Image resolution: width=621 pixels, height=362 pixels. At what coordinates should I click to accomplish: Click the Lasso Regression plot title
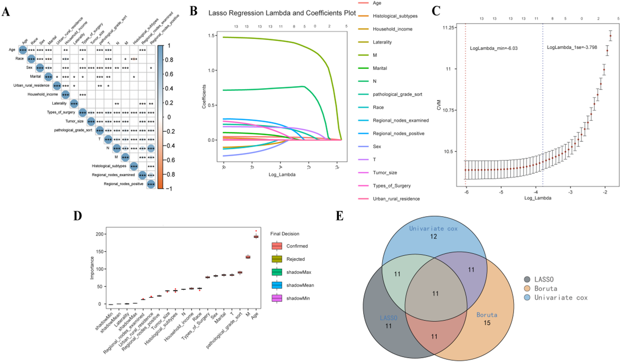click(282, 13)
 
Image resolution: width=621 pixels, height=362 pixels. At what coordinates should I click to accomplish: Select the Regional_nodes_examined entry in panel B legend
click(400, 121)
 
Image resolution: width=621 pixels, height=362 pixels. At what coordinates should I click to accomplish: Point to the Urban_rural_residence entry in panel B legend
click(396, 199)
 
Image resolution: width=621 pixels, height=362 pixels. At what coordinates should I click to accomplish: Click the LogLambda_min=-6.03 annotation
click(494, 48)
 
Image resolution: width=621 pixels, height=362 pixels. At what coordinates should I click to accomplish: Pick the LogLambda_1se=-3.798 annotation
click(572, 47)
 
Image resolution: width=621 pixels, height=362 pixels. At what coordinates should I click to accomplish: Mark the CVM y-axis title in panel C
click(439, 105)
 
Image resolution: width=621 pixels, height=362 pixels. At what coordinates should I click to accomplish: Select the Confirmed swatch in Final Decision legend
click(277, 246)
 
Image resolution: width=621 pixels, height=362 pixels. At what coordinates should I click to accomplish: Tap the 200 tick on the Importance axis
click(99, 234)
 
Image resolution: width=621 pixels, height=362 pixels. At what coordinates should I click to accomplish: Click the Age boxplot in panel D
click(256, 237)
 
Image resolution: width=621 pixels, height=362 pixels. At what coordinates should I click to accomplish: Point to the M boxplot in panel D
click(248, 257)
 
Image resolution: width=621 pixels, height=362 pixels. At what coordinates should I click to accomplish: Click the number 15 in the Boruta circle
click(487, 323)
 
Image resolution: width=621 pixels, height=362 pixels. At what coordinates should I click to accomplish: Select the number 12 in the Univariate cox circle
click(434, 237)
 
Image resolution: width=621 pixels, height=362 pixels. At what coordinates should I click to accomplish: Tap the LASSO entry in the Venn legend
click(544, 279)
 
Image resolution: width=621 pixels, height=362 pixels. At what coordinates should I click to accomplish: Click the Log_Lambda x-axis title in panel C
click(538, 198)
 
